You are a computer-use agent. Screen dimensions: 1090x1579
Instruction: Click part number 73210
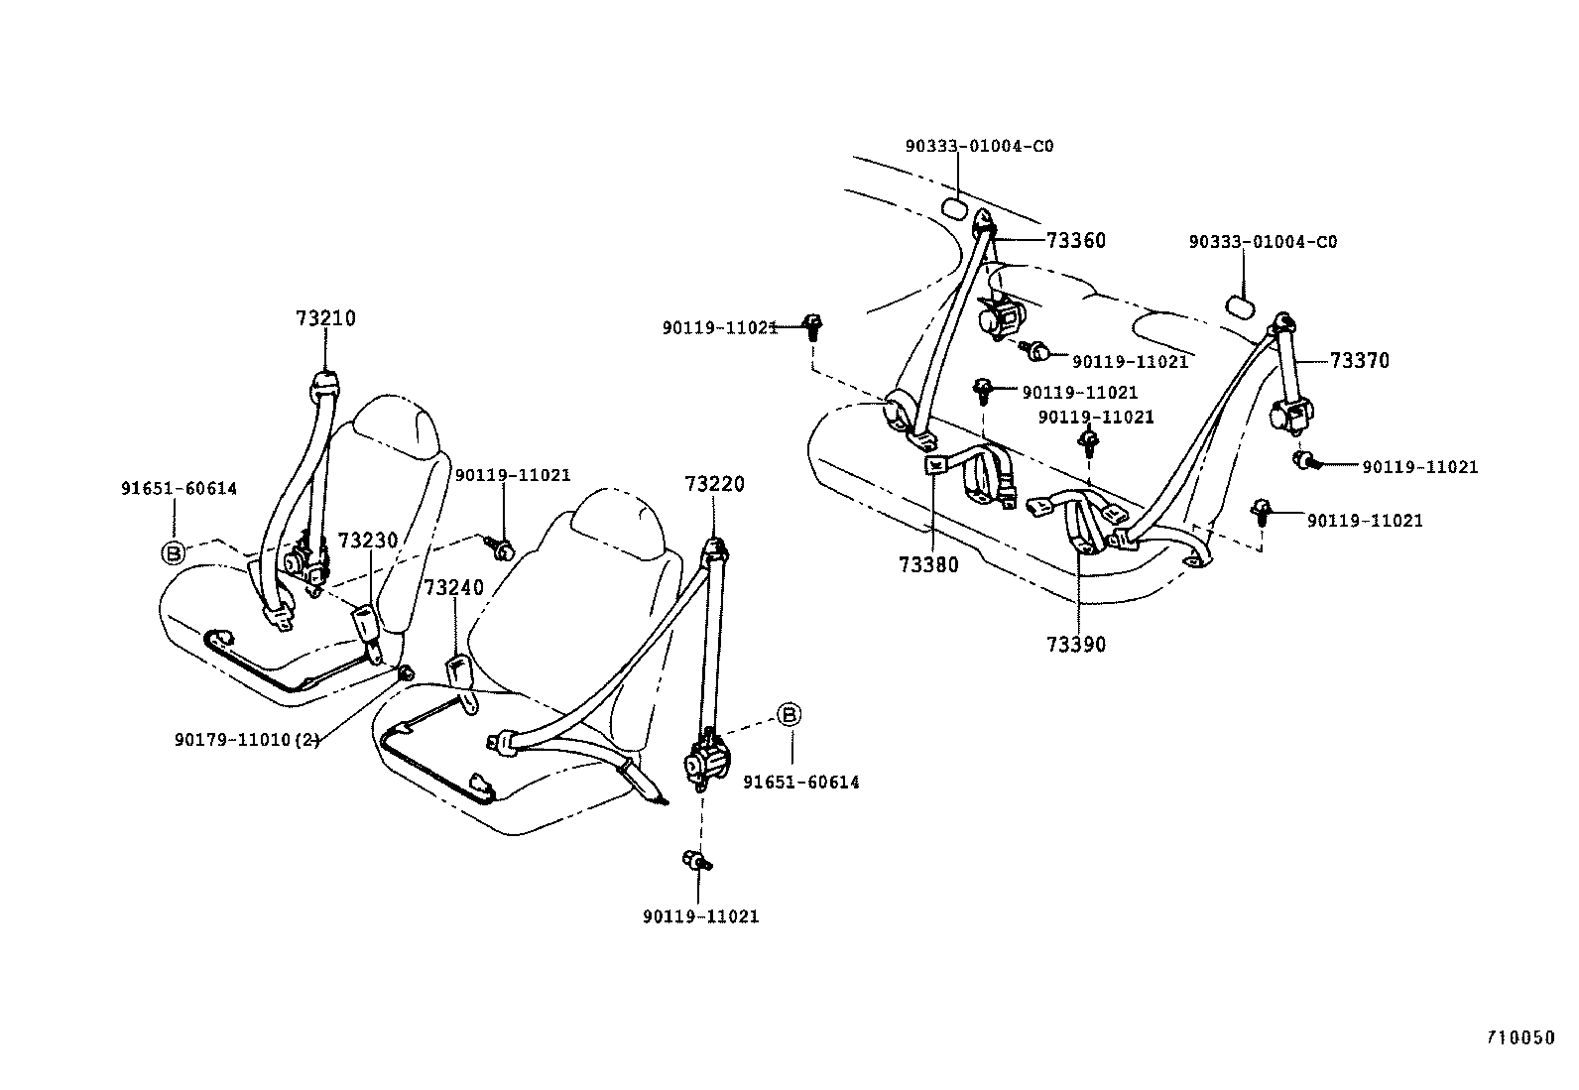325,319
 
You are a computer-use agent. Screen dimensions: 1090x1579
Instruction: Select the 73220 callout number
714,484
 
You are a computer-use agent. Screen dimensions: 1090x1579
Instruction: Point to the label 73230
367,541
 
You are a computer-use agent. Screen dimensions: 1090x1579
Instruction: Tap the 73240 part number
454,587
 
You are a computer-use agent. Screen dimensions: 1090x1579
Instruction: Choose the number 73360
1075,241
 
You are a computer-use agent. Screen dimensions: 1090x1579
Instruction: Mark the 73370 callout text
1359,361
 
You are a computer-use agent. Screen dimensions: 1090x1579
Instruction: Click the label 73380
928,565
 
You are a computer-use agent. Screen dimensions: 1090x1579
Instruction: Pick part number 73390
1075,645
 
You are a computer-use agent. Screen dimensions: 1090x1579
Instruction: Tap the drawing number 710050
1519,1038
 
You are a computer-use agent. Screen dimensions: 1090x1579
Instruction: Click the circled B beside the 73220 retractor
789,714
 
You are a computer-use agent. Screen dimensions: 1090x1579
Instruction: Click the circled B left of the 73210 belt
174,552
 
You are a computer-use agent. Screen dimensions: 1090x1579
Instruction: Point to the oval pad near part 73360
955,207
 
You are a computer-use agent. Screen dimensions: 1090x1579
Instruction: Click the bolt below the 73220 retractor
697,861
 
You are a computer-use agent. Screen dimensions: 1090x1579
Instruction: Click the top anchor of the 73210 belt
325,382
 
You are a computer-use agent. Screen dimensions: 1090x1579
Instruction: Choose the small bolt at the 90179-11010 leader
406,674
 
